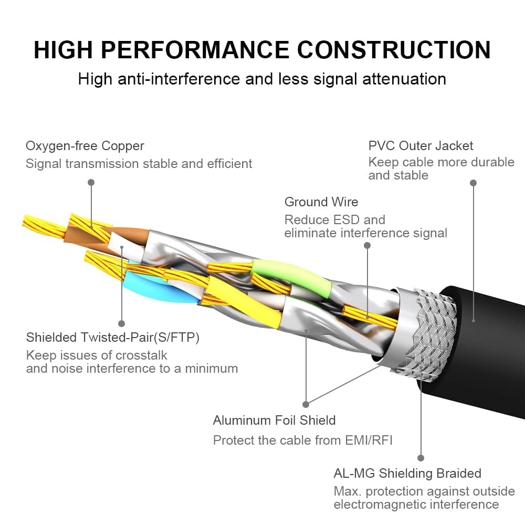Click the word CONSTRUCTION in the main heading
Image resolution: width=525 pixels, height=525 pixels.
394,50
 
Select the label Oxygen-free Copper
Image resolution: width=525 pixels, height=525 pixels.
85,145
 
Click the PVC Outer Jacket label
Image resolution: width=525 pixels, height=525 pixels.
421,145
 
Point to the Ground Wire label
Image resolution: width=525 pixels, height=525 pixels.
321,202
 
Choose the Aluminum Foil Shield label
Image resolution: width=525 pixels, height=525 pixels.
274,420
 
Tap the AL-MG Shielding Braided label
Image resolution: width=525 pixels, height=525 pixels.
407,473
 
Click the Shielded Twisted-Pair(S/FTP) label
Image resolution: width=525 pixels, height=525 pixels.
113,337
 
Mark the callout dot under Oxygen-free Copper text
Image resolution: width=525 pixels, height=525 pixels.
91,182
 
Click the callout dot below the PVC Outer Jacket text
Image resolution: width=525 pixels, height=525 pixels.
473,183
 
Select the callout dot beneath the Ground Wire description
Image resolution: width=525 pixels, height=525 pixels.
367,245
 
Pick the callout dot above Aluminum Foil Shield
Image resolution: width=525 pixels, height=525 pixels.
306,404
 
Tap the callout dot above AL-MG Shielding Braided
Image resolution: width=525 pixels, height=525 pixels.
421,458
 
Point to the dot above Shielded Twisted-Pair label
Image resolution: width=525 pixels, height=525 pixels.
121,323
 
